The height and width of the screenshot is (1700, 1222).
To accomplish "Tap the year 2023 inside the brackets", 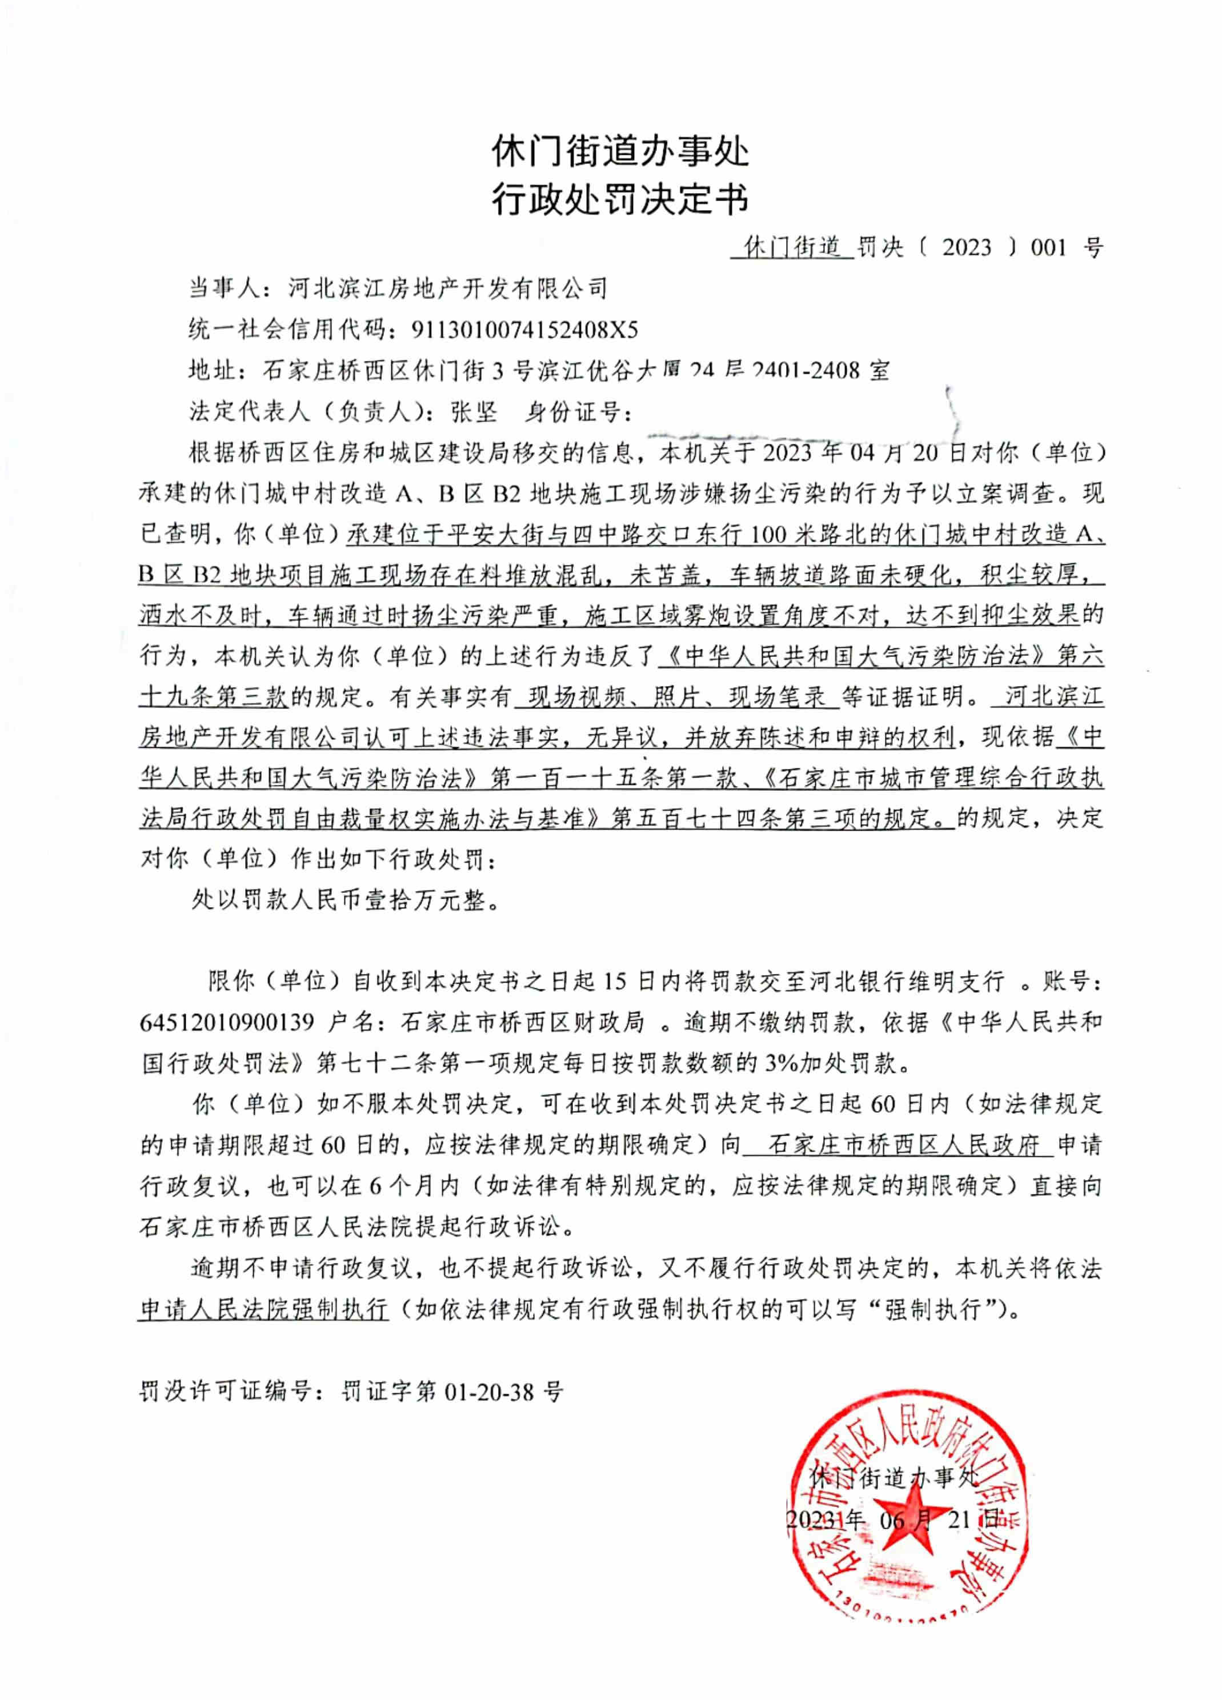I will click(x=967, y=247).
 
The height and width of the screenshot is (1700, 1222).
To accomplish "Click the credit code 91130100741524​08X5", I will click(x=525, y=329).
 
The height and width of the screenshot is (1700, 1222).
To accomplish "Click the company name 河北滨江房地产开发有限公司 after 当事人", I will click(x=447, y=288).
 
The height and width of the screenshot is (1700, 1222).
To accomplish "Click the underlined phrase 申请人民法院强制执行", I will click(x=264, y=1309).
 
